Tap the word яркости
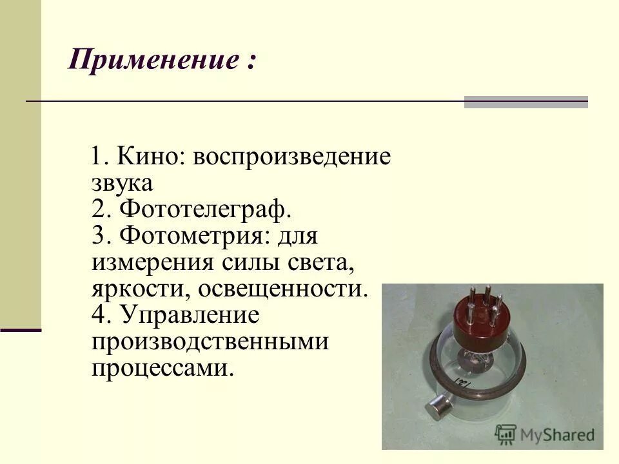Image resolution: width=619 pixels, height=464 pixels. click(138, 289)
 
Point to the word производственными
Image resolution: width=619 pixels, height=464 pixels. click(210, 342)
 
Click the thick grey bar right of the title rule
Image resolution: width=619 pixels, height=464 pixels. click(526, 102)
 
